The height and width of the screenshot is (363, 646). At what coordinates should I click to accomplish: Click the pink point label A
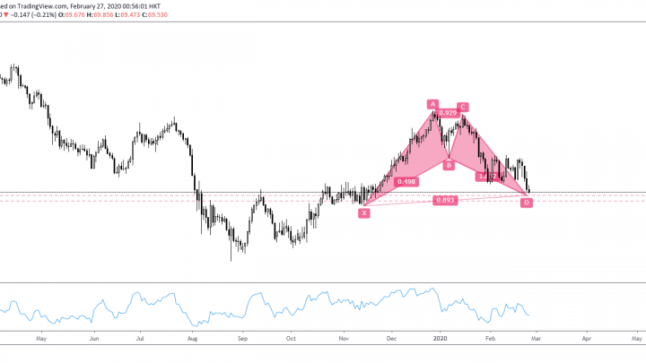(x=432, y=104)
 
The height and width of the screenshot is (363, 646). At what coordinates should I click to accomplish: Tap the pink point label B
(x=449, y=165)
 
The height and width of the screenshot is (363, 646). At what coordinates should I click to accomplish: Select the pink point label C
(x=462, y=107)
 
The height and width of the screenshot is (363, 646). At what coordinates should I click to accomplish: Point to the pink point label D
(x=527, y=203)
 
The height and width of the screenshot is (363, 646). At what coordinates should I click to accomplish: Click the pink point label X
(x=364, y=212)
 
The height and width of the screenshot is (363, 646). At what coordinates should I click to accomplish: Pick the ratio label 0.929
(x=446, y=113)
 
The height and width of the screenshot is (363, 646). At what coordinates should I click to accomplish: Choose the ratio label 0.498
(x=405, y=181)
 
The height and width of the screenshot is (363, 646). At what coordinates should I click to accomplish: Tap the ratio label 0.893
(x=444, y=200)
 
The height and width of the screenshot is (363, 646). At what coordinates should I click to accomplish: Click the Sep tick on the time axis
(x=240, y=340)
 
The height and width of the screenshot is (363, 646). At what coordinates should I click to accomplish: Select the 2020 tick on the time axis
(x=440, y=340)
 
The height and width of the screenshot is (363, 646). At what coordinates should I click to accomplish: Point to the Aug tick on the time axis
(x=192, y=340)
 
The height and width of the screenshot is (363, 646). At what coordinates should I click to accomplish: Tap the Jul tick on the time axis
(x=141, y=340)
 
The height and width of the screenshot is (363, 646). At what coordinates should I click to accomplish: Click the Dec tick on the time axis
(x=391, y=340)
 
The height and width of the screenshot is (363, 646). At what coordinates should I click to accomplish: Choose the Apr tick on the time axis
(x=586, y=340)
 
